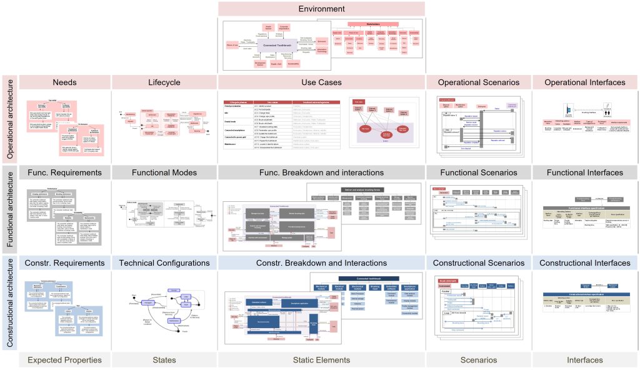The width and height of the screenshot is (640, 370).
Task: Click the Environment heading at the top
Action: tap(321, 9)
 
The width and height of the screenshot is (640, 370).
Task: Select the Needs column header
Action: tap(64, 82)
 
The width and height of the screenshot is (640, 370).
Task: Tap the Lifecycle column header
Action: tap(164, 82)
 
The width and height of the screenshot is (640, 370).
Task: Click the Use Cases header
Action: tap(321, 82)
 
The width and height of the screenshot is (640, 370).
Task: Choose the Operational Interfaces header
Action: tap(584, 82)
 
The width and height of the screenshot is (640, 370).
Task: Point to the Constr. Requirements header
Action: tap(64, 263)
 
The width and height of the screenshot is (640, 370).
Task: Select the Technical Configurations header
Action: tap(164, 263)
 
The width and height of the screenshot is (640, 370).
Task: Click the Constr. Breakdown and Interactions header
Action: tap(321, 263)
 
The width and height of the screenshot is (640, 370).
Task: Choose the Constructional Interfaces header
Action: tap(584, 263)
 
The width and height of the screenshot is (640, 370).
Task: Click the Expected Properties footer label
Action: tap(64, 359)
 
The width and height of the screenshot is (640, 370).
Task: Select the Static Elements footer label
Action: tap(321, 359)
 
